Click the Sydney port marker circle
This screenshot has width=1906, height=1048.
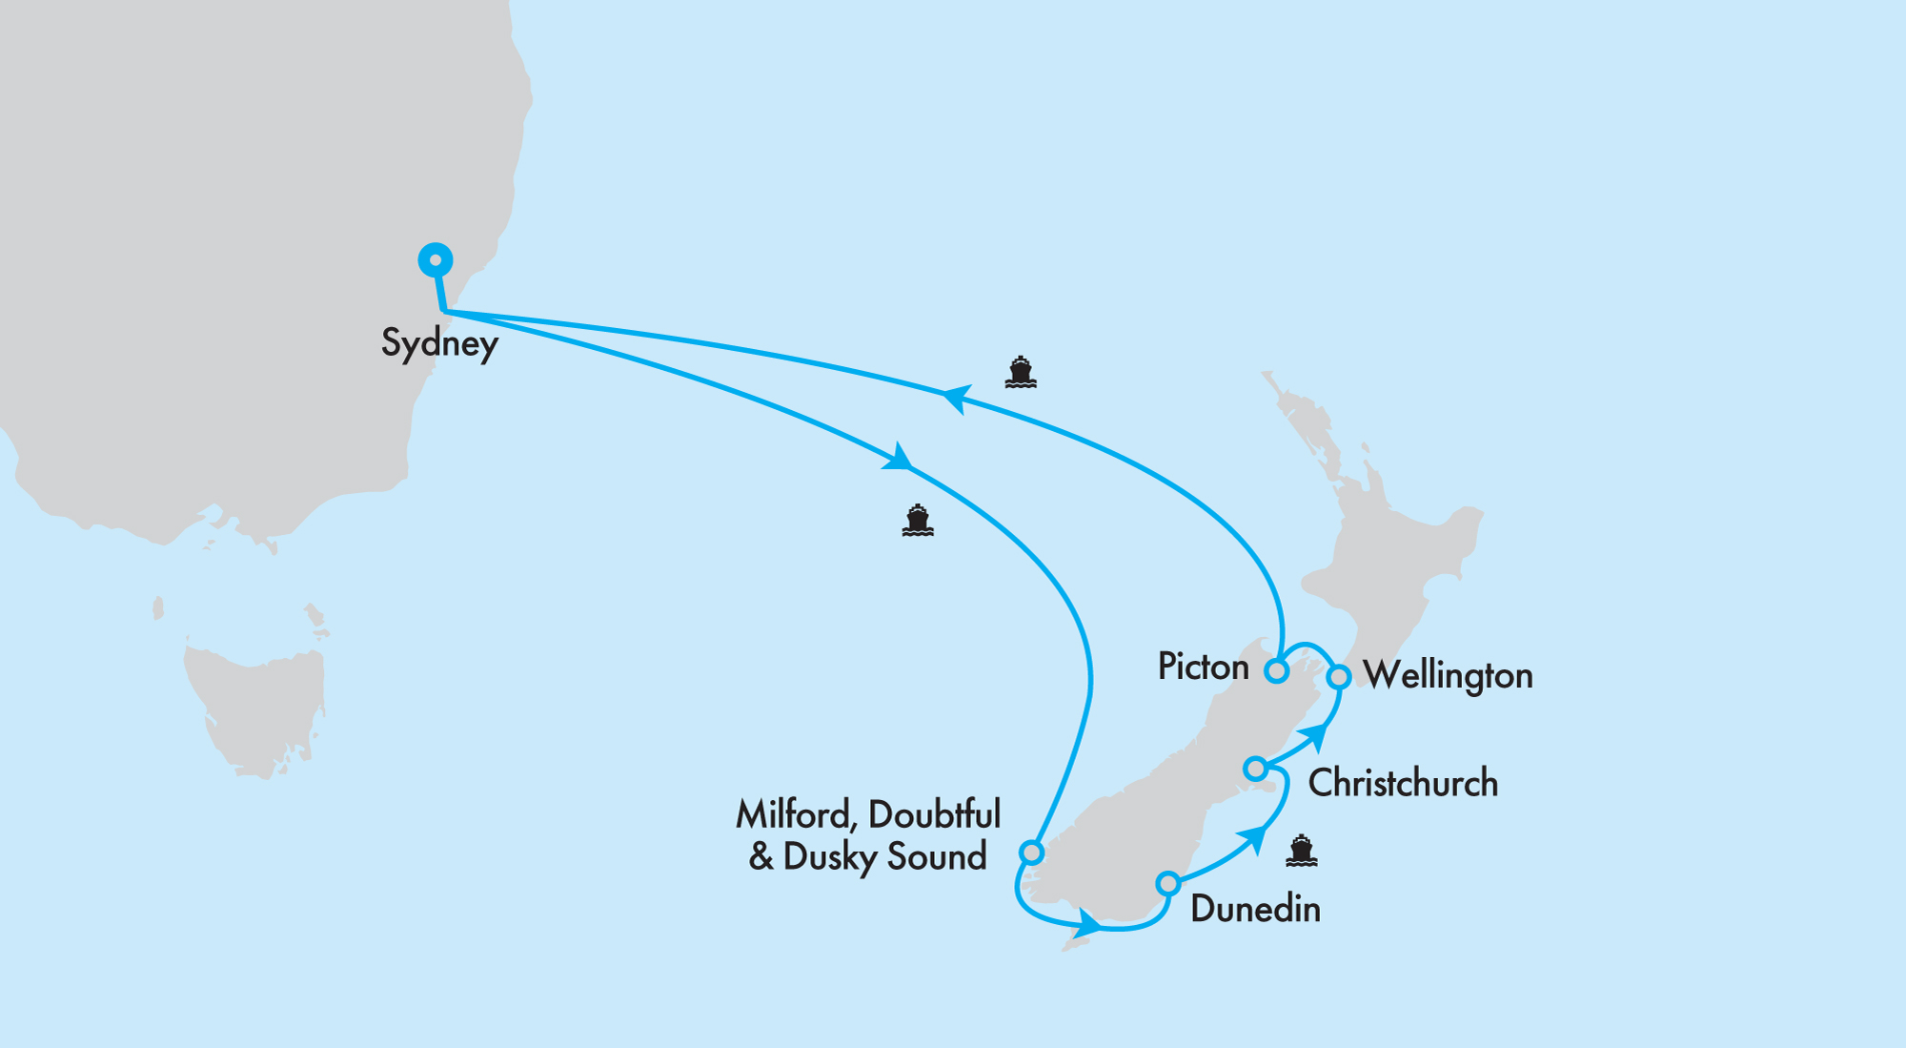[436, 259]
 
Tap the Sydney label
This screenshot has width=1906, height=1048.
[439, 343]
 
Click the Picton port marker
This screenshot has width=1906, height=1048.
[1276, 670]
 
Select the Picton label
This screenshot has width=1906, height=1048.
[1203, 667]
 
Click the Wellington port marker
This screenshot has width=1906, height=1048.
[1339, 676]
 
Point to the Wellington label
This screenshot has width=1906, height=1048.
[1448, 676]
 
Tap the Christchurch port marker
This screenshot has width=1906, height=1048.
[1256, 768]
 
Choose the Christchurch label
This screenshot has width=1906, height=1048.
[1403, 784]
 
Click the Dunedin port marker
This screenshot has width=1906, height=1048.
[1168, 883]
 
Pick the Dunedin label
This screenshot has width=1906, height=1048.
[1255, 909]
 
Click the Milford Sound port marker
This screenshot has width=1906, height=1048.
[1031, 852]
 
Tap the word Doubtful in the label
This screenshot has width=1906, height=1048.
[934, 815]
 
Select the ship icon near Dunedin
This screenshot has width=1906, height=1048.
[1301, 851]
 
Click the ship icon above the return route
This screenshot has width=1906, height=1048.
[1020, 372]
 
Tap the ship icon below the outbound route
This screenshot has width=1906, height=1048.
[917, 521]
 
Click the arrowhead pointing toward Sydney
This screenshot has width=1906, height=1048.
[956, 398]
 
